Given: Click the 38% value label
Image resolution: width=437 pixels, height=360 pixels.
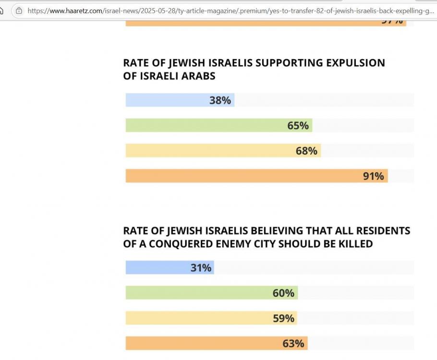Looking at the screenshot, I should pos(220,100).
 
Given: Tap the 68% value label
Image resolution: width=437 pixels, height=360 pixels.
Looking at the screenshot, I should pos(306,151).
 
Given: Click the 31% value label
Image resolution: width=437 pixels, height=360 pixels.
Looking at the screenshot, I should pos(201,268).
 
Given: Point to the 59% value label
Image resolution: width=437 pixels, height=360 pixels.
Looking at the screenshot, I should pos(283,318).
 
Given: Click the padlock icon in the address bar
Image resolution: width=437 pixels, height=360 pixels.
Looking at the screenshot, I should pos(19,10).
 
